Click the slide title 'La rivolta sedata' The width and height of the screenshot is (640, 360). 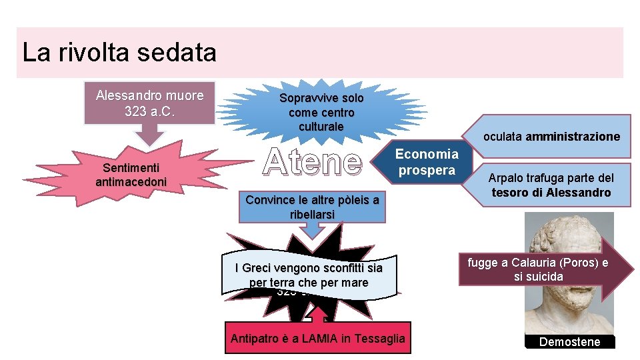[x=119, y=53]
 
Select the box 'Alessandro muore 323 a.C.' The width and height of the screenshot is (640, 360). [x=149, y=103]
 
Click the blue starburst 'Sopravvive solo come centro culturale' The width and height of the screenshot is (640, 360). [x=321, y=112]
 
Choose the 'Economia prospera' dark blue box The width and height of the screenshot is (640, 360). [x=427, y=162]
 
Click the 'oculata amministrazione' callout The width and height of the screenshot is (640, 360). [x=551, y=137]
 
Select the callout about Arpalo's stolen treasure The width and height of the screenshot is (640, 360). [x=551, y=185]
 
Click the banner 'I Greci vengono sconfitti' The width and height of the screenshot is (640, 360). [x=309, y=275]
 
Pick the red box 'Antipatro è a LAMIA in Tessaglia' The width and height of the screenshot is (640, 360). [x=317, y=339]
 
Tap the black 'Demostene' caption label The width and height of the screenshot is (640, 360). [x=569, y=342]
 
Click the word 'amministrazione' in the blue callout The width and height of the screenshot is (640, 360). [x=573, y=137]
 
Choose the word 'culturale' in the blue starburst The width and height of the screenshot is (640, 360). [x=321, y=127]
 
